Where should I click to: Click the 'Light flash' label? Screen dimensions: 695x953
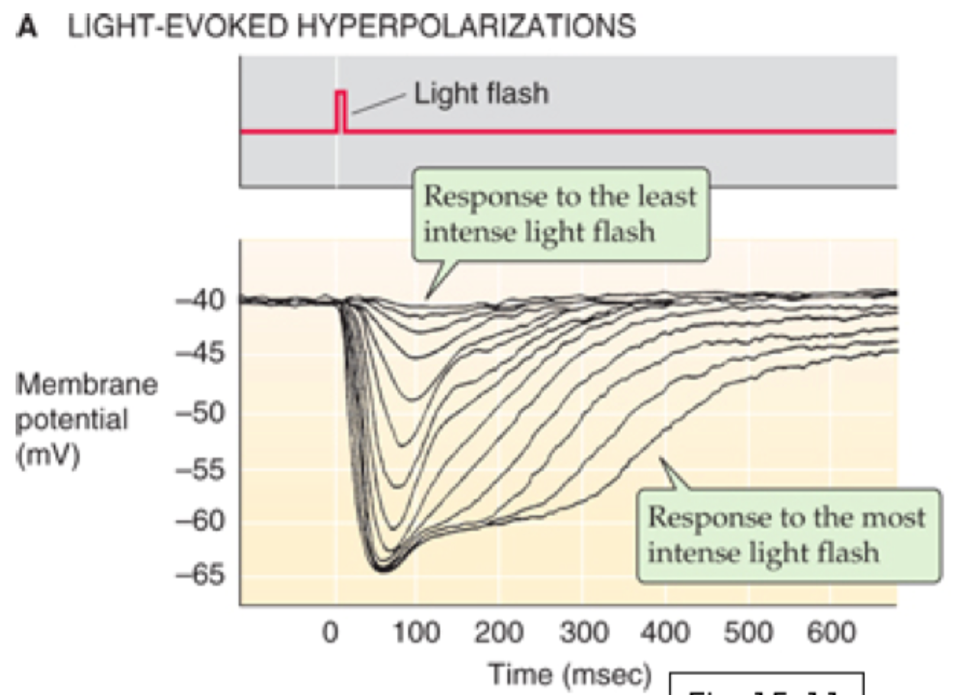pos(480,94)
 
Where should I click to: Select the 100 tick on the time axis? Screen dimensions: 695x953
pos(418,633)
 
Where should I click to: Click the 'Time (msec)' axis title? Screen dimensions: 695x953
pos(570,674)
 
